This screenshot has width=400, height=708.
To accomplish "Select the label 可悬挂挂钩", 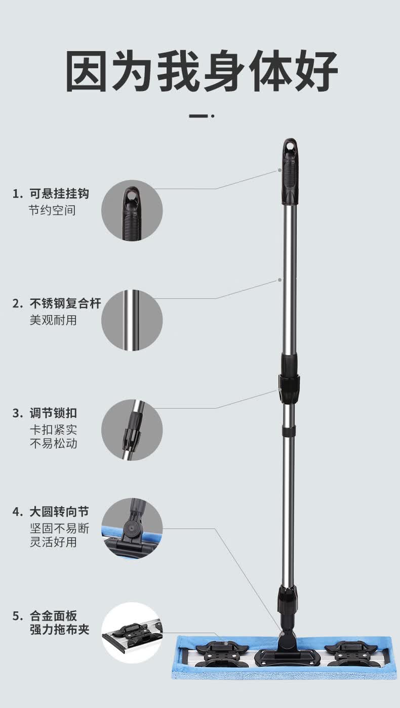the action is pos(59,193).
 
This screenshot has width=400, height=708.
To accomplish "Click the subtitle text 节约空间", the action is pos(52,210).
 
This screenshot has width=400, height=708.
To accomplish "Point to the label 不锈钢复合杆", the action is pos(65,303).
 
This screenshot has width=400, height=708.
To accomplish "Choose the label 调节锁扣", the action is pos(53,413).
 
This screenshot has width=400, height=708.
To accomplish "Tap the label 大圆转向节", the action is pos(59,512).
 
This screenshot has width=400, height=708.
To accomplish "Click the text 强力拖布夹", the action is pos(59,629).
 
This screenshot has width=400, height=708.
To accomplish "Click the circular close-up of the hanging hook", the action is pos(132,210).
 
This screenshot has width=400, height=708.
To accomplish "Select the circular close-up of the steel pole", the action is pos(132,320).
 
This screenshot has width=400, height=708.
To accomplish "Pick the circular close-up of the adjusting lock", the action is pos(132,430).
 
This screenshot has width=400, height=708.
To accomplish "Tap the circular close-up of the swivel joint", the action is pos(132,529).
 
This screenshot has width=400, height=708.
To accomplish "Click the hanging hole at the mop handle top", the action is pos(290,146).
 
